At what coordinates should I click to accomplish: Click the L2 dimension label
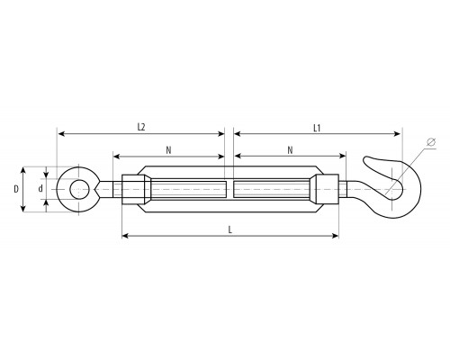click(x=141, y=127)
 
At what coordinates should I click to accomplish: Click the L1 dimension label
click(x=317, y=129)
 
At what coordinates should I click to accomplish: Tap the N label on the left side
click(x=168, y=150)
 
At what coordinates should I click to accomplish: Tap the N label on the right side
click(x=290, y=150)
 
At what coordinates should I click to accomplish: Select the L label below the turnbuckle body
click(x=230, y=229)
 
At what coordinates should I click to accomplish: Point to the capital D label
click(x=16, y=189)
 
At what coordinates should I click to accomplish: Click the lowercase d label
click(x=40, y=189)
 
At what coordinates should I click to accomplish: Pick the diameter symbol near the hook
click(x=431, y=142)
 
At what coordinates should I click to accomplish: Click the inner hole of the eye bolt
click(x=79, y=189)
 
